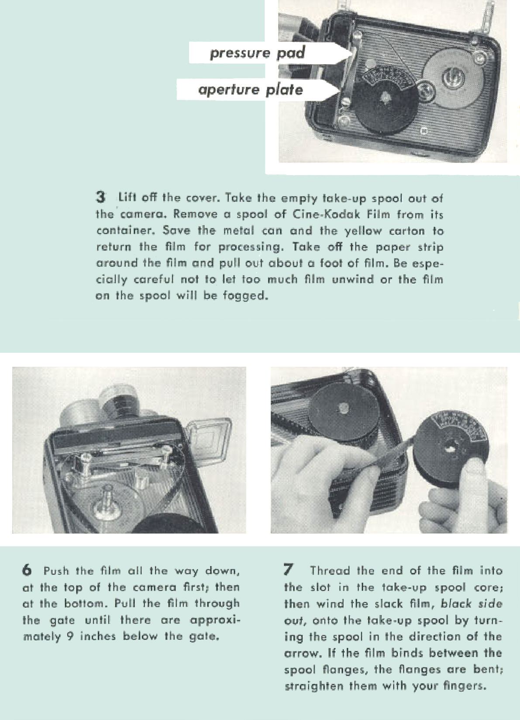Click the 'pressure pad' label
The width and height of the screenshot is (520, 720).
257,53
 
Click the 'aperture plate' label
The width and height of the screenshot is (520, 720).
251,90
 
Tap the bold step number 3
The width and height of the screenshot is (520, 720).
100,197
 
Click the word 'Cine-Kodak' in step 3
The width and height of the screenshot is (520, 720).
326,214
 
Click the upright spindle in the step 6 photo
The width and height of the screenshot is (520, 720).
107,500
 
